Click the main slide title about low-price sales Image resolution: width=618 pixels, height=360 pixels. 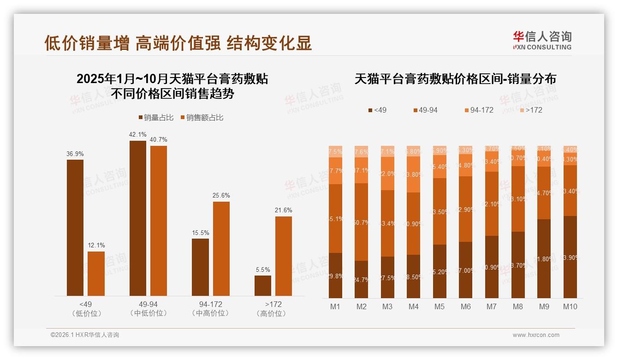click(178, 43)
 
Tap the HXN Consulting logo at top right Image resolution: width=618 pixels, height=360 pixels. click(542, 41)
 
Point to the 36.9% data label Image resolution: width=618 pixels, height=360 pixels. click(75, 154)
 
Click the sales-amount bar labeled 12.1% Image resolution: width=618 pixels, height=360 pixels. click(96, 274)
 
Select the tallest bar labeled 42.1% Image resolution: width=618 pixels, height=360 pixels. click(137, 218)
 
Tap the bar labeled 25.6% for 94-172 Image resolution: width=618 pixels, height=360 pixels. click(221, 249)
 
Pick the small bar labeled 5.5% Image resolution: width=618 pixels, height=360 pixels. click(263, 286)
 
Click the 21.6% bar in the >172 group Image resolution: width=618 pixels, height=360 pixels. click(283, 256)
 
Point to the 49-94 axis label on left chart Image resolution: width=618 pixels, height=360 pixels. click(148, 305)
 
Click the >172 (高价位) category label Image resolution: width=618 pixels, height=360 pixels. click(273, 309)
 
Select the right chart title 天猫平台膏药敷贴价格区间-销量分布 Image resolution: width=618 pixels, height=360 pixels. click(455, 79)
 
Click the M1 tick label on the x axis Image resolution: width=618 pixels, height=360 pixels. click(335, 306)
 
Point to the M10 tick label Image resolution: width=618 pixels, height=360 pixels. click(570, 306)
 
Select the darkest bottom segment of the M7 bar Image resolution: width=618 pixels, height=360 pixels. click(492, 267)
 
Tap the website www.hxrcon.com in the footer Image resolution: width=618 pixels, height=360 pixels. click(536, 335)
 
